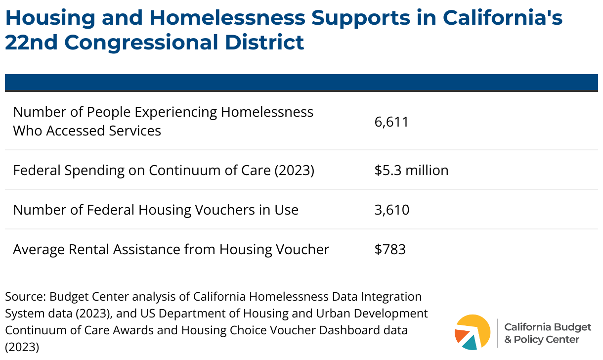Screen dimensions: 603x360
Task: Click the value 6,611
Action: click(x=391, y=122)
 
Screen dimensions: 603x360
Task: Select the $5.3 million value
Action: click(x=411, y=170)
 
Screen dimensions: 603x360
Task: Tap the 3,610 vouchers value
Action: click(x=391, y=210)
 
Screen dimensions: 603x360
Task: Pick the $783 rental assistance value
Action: click(x=390, y=249)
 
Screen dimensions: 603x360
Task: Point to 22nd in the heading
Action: click(x=31, y=42)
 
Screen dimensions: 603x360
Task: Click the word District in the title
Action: click(x=264, y=42)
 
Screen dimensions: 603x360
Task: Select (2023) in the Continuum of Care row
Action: click(x=294, y=171)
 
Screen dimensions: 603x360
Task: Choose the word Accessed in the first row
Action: click(x=75, y=131)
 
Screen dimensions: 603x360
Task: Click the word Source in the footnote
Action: click(x=25, y=297)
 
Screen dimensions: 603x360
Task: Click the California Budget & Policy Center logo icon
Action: click(x=473, y=332)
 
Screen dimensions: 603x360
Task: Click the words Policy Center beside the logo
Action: click(x=546, y=340)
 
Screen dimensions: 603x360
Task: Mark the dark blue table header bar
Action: click(x=301, y=83)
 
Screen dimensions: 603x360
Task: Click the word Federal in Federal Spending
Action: click(x=37, y=170)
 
